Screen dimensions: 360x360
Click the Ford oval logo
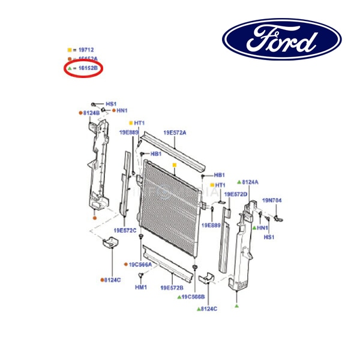[282, 39]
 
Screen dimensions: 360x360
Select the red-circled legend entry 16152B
[85, 69]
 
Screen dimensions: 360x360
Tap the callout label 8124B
[91, 113]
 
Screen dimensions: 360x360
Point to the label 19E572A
[175, 132]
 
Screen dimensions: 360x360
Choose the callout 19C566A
[141, 264]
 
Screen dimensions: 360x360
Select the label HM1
[140, 287]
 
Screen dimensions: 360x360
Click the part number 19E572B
[172, 287]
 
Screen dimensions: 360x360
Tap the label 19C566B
[194, 296]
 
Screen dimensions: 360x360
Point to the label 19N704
[272, 200]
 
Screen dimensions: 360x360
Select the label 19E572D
[235, 194]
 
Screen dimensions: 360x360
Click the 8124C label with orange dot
[112, 280]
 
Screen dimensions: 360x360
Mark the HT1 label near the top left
[140, 123]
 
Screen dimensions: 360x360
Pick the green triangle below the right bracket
[237, 306]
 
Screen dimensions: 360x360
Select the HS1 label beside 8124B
[111, 104]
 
